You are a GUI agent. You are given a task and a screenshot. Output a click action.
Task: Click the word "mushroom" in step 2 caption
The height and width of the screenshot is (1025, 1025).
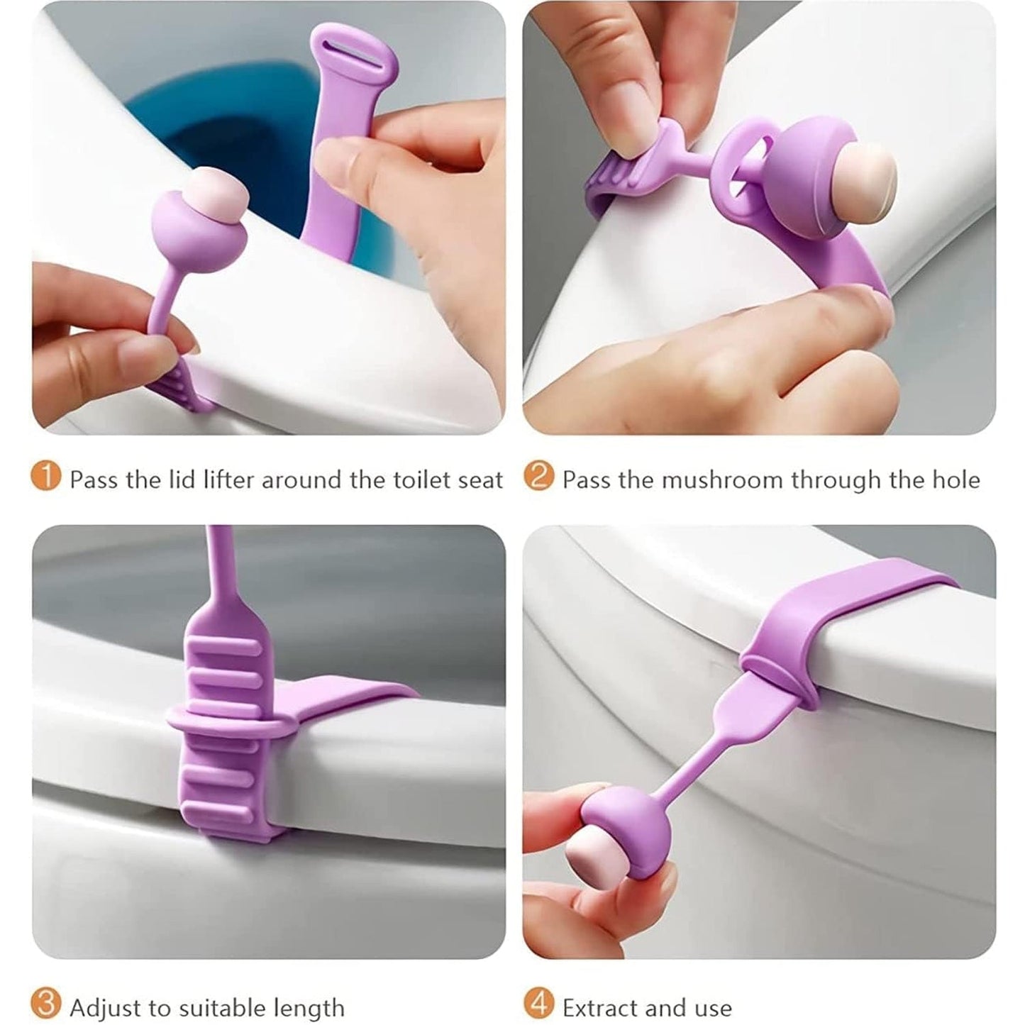coord(723,480)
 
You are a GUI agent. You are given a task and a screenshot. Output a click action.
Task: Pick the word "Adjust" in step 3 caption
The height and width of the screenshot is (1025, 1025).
coord(105,1008)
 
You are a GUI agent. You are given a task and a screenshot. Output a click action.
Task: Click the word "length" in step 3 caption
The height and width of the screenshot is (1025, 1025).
coord(306,1008)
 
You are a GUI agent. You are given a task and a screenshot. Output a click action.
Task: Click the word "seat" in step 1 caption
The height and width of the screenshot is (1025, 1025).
coord(477,480)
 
